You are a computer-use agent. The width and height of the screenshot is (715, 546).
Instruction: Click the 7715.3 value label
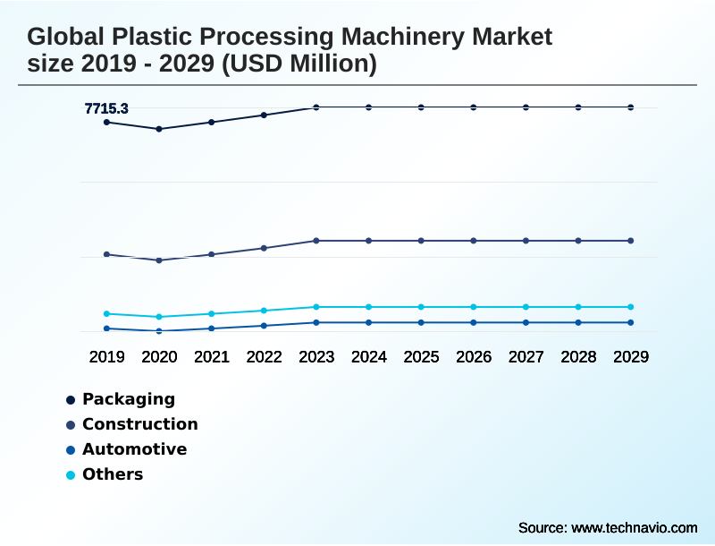(106, 109)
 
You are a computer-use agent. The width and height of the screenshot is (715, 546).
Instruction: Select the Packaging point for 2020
(159, 129)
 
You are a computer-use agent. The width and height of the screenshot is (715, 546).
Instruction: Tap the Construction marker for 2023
(316, 241)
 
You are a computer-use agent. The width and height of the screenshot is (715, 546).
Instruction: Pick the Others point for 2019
(106, 314)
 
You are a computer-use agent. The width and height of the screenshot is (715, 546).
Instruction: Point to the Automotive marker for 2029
(630, 322)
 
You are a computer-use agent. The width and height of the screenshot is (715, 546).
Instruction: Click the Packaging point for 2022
(264, 115)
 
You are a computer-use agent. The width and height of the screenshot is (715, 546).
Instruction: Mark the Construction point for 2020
(159, 260)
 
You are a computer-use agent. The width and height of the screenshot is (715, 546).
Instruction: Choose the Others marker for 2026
(474, 307)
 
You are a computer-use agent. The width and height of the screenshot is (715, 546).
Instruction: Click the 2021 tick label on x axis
(212, 357)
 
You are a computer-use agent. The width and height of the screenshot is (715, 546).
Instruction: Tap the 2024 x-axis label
(369, 357)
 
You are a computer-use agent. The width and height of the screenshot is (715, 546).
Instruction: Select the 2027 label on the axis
(526, 357)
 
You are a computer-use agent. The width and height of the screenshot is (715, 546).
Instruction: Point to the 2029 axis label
(630, 357)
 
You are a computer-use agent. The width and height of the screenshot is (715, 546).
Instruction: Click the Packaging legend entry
(128, 399)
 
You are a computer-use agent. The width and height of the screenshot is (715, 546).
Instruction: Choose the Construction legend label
(139, 424)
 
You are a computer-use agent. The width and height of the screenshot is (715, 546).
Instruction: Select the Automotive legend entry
(134, 449)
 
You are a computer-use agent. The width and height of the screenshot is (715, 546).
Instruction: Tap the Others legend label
(113, 474)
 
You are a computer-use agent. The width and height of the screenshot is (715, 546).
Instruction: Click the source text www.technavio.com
(634, 527)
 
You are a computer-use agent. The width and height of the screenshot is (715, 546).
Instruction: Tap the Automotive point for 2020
(159, 331)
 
